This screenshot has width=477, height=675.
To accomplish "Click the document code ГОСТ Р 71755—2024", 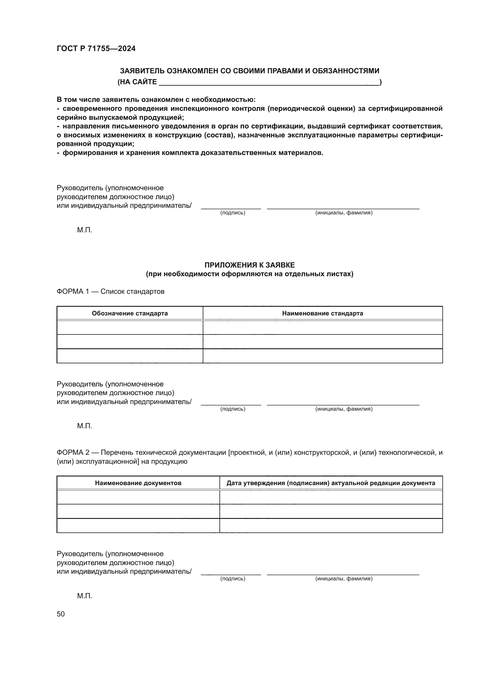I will click(96, 48).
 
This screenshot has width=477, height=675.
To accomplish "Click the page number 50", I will click(61, 614).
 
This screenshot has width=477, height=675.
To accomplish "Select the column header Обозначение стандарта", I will click(129, 313).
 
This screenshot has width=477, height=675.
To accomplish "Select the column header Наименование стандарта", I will click(322, 313).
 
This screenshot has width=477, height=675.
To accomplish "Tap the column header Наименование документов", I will click(138, 483).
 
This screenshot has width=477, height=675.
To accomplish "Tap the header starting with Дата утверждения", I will click(331, 483).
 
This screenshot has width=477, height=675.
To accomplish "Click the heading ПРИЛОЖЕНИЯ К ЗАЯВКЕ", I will click(249, 265).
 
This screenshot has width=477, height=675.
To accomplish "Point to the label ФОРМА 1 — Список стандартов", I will click(110, 291).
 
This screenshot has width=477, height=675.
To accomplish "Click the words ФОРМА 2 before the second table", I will click(73, 453).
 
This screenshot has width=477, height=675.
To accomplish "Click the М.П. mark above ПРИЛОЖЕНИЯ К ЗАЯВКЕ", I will click(84, 230).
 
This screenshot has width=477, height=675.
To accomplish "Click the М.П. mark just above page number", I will click(84, 596).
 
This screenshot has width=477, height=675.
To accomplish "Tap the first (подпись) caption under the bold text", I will click(233, 213).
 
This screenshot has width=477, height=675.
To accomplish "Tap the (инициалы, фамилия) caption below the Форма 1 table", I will click(344, 409).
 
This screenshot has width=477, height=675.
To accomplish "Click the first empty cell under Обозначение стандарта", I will click(129, 327).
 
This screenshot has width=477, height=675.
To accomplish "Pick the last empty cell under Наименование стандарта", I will click(322, 356).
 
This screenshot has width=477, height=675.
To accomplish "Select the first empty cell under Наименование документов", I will click(138, 497).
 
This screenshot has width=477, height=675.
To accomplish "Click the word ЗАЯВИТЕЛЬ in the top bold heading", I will click(142, 71).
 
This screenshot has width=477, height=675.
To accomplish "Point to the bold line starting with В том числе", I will click(156, 100).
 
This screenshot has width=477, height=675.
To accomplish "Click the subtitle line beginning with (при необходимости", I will click(249, 274).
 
